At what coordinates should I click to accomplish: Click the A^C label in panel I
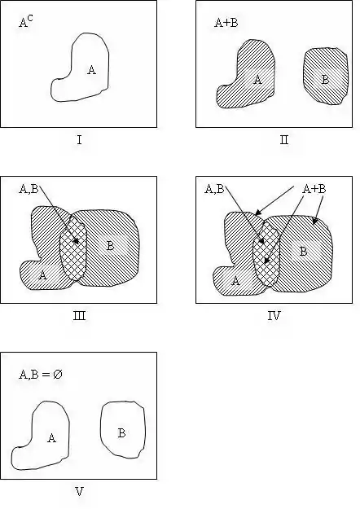tap(26, 22)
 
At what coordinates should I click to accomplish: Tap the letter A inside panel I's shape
tap(91, 70)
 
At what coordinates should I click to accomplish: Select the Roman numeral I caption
tap(79, 140)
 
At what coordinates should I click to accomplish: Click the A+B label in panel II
tap(226, 23)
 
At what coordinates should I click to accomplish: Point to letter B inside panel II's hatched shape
tap(325, 79)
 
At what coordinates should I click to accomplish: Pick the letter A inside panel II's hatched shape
tap(257, 79)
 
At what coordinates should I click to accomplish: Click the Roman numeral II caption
tap(284, 140)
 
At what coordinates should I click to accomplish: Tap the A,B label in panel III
tap(29, 189)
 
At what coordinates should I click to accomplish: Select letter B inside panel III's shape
tap(111, 246)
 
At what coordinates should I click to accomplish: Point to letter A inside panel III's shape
tap(42, 275)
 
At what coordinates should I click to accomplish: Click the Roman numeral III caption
tap(79, 315)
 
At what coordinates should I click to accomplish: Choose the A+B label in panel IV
tap(314, 189)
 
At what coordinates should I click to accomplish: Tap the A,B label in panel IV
tap(214, 189)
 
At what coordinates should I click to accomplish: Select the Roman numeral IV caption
tap(274, 315)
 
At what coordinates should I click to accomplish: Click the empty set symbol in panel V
tap(58, 375)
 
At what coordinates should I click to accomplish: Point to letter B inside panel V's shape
tap(121, 433)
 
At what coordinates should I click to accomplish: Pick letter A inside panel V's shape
tap(51, 438)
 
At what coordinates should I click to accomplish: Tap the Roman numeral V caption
tap(79, 491)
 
